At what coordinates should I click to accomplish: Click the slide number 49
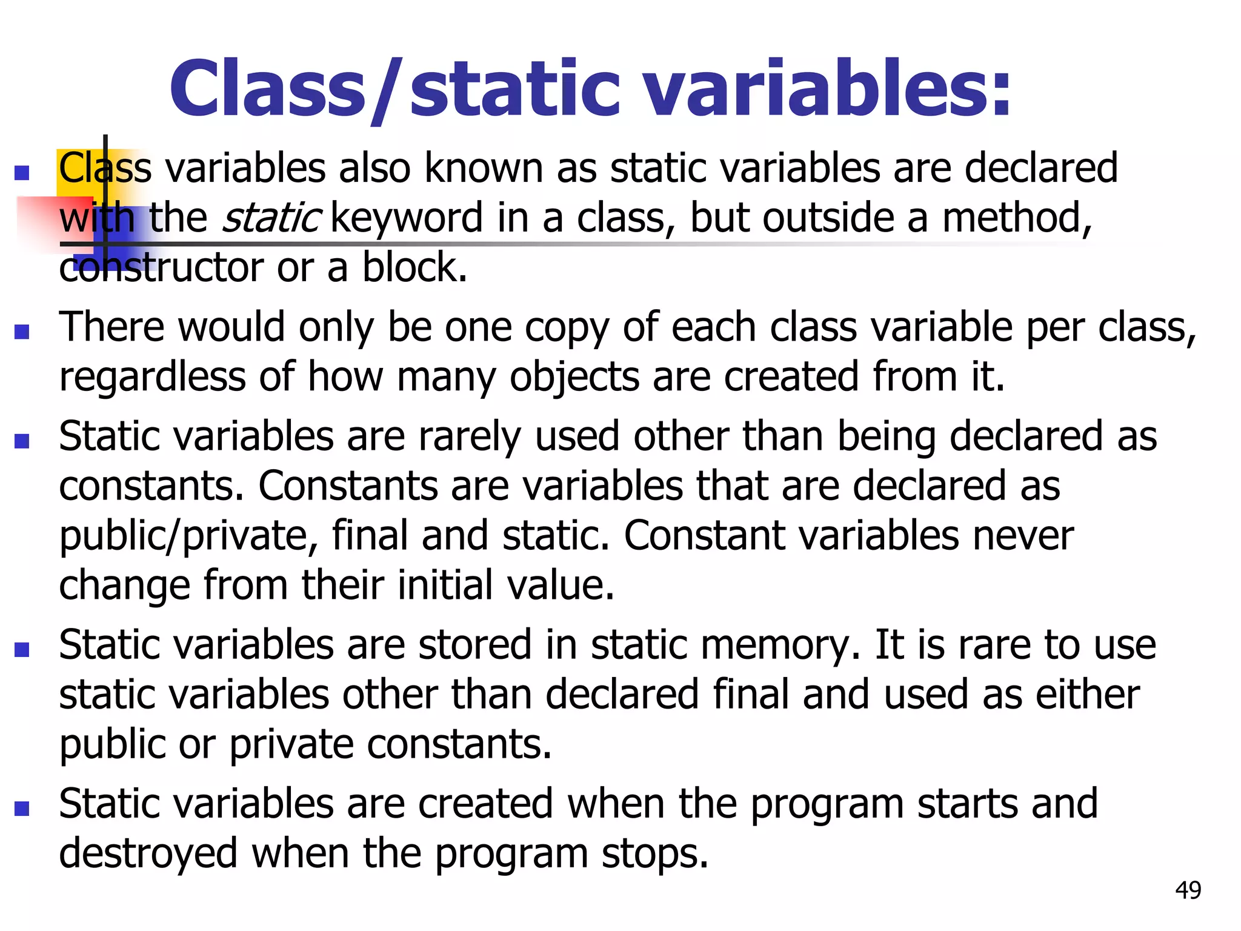(1188, 890)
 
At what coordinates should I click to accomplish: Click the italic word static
(271, 218)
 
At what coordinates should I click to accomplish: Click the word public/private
(188, 536)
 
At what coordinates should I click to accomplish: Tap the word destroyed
(148, 854)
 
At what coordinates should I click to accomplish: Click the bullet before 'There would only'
(22, 332)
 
